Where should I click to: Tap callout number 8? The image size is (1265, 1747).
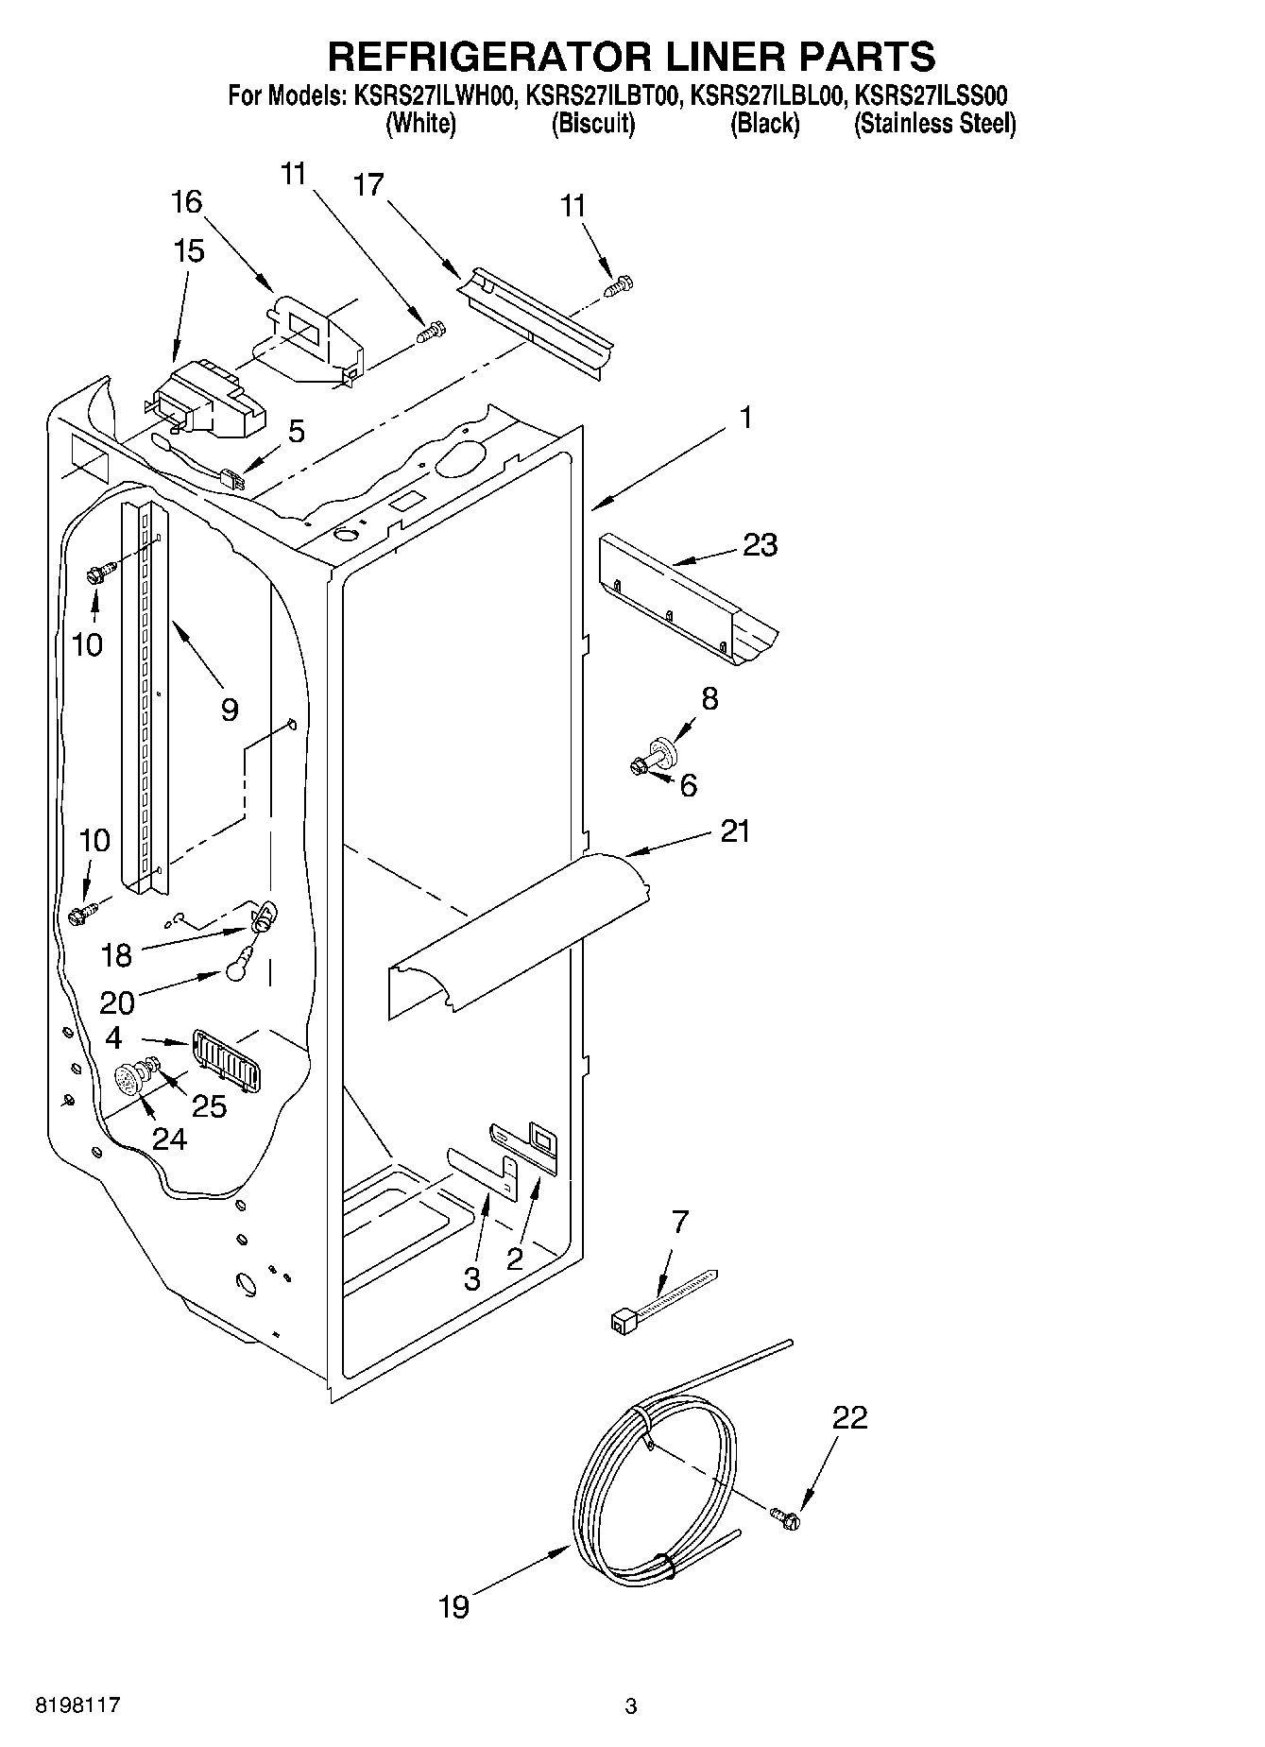(709, 699)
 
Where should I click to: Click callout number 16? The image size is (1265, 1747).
(187, 201)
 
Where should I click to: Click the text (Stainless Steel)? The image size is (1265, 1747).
(934, 123)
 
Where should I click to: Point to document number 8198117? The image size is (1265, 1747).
(77, 1705)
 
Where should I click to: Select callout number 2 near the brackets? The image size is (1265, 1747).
(515, 1258)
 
